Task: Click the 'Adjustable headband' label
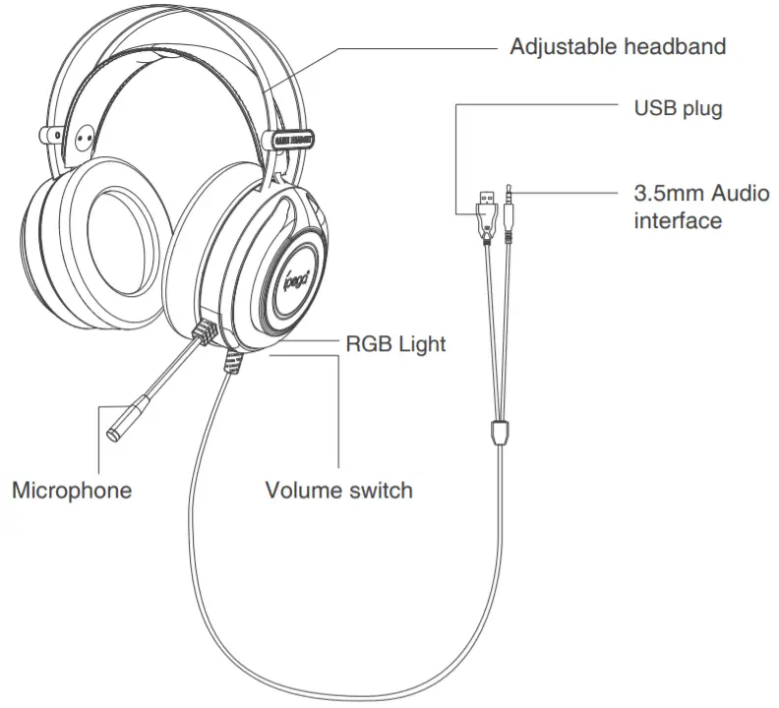point(617,47)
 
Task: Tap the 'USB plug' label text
point(678,107)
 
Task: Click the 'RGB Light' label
point(396,343)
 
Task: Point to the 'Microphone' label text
point(71,490)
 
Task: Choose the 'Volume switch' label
point(339,490)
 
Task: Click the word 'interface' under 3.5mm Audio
point(678,220)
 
